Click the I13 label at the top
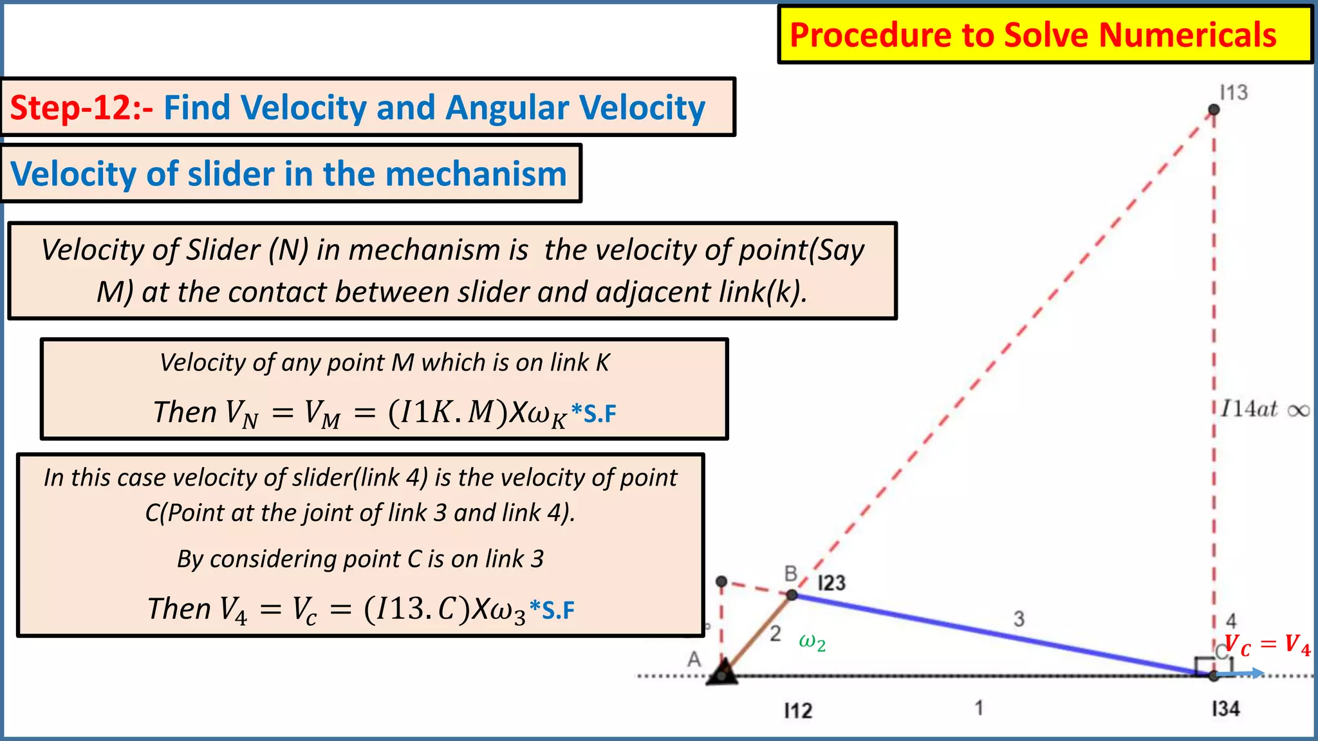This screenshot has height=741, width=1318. [1234, 93]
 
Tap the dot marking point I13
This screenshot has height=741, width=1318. [1214, 110]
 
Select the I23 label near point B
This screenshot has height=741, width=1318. [831, 583]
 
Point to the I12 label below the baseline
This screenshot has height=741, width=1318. [798, 711]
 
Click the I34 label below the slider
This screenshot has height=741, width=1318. [1225, 709]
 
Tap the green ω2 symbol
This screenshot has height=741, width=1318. [812, 642]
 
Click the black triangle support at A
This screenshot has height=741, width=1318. [722, 673]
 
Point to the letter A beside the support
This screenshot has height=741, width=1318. [694, 659]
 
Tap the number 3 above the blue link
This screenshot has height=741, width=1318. [1019, 619]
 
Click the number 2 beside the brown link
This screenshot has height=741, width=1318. [775, 634]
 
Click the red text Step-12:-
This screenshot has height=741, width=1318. [81, 107]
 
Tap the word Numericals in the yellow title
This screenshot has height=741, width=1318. [1187, 35]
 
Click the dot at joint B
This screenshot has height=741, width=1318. [792, 595]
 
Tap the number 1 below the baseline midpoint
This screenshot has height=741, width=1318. [979, 708]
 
